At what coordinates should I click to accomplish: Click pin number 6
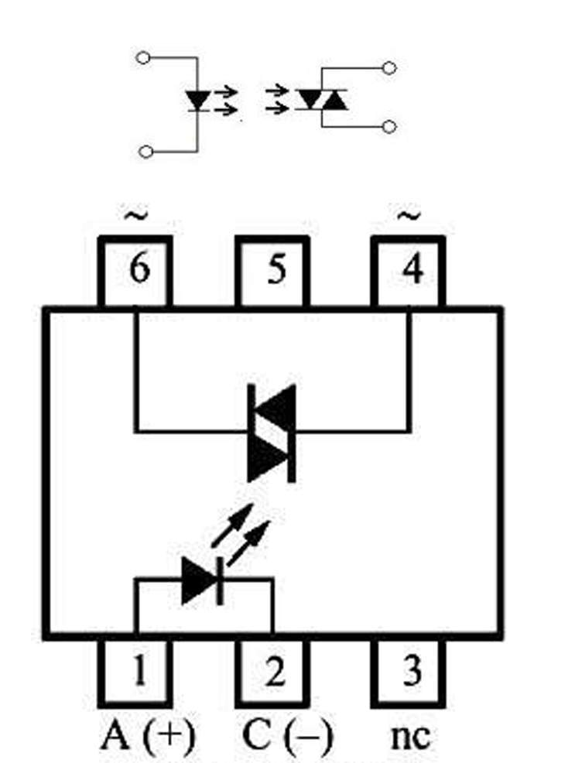136,272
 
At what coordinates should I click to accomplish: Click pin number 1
136,672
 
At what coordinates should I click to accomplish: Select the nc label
412,735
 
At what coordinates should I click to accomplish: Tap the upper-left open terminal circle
142,57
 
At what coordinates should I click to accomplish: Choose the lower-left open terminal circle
145,152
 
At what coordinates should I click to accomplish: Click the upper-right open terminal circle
390,68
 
